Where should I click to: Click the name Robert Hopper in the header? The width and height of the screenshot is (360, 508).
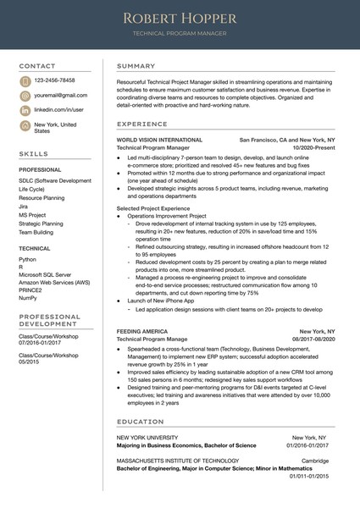pos(180,18)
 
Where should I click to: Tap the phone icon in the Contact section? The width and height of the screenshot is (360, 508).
pos(25,81)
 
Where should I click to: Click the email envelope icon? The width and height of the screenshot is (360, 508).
pos(25,96)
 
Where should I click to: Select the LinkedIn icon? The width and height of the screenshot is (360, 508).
pos(25,110)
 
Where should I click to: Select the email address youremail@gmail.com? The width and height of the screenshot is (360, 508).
pos(61,96)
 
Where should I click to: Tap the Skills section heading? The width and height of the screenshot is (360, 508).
pos(33,154)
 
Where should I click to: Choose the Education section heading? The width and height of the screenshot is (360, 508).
pos(141,421)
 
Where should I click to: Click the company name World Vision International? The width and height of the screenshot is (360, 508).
pos(159,139)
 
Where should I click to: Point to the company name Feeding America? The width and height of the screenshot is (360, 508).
pos(141,331)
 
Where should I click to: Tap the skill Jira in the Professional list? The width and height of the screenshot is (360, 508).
pos(23,206)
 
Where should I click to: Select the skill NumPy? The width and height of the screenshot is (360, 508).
pos(27,298)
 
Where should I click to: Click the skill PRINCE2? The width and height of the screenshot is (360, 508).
pos(30,290)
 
